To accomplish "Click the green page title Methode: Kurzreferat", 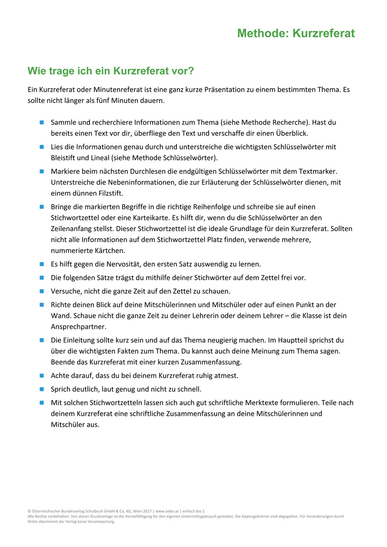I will point(296,33).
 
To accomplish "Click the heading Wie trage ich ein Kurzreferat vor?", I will point(110,70).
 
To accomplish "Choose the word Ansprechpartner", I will point(78,326).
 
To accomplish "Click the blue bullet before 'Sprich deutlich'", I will point(42,389).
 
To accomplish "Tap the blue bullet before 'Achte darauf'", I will point(42,375).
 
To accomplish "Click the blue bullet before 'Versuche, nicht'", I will point(42,291).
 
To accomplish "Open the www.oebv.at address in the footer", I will point(166,511).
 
